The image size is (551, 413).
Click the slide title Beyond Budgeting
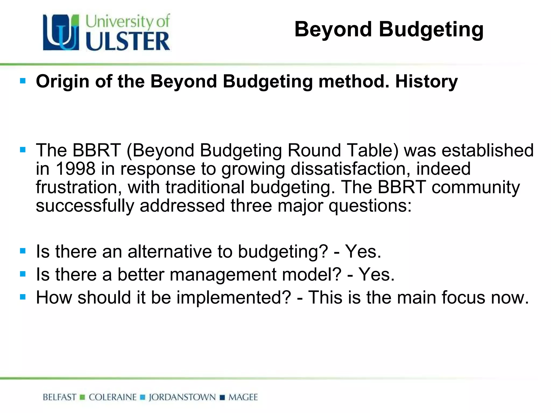tap(389, 30)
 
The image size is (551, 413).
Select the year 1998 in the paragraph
tap(76, 169)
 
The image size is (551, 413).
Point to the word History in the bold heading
tap(426, 81)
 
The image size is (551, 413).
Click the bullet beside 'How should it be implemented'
tap(23, 297)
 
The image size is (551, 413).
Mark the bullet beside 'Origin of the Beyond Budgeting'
tap(23, 81)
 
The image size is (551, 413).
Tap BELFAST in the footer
tap(59, 397)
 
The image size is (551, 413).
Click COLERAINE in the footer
tap(113, 397)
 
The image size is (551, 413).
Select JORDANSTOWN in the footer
tap(182, 397)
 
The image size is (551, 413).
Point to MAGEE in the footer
tap(243, 397)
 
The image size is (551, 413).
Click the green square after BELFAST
tap(83, 397)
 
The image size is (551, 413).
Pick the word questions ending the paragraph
tap(370, 206)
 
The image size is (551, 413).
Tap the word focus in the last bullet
tap(463, 298)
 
